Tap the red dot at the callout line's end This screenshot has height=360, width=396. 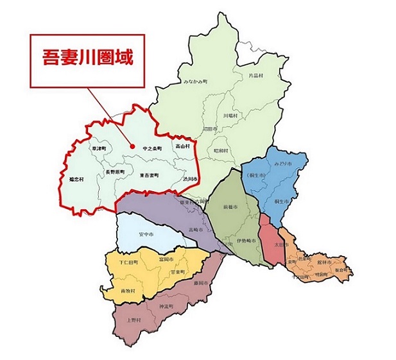coord(132,146)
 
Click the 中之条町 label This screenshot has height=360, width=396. coord(152,148)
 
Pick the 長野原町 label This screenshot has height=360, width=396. coord(116,172)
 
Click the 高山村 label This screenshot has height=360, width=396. coord(182,148)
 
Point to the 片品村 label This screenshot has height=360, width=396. coord(238,76)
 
